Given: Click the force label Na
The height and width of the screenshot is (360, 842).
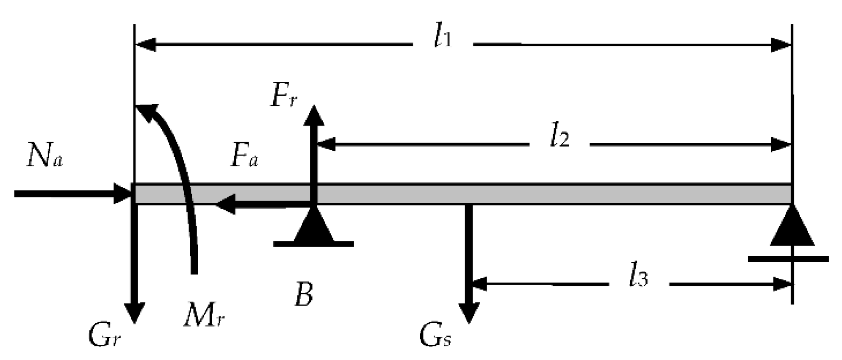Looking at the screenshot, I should click(x=45, y=157).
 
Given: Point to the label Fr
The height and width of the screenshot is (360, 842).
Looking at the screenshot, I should click(x=284, y=97).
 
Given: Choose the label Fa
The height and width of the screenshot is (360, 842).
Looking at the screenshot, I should click(x=244, y=157).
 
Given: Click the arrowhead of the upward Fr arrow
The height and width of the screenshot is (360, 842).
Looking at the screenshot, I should click(x=313, y=115).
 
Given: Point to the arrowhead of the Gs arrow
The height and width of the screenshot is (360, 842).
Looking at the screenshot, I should click(x=469, y=313).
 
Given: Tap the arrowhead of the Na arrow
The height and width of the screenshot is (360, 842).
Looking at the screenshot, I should click(x=123, y=194).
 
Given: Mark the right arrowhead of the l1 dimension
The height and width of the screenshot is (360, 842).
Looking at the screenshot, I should click(x=781, y=45).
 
